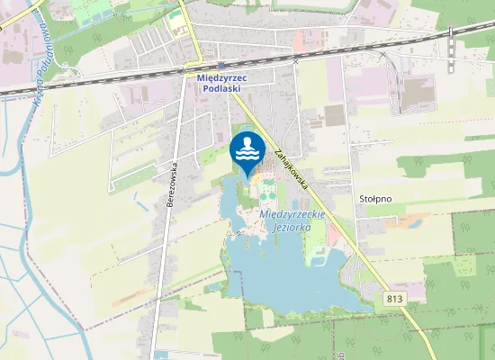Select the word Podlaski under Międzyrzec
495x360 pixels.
click(x=220, y=88)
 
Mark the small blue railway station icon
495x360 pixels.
click(x=221, y=65)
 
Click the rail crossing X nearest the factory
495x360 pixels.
click(x=382, y=55)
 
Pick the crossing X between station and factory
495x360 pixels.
click(x=295, y=61)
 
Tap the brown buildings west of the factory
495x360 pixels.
click(x=335, y=115)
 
